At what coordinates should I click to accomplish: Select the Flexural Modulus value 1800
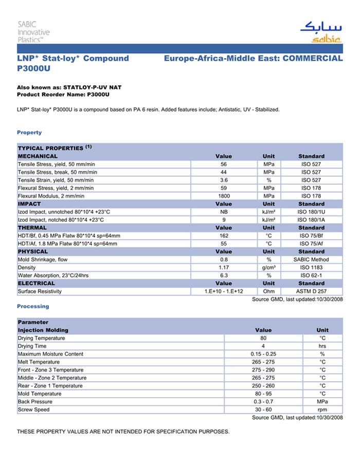coord(224,196)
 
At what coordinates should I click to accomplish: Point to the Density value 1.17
coord(224,267)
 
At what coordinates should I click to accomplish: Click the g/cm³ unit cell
coord(268,267)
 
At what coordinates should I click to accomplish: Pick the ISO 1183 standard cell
coord(311,267)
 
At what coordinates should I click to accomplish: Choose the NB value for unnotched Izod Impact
coord(224,212)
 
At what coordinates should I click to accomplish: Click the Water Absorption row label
coord(53,276)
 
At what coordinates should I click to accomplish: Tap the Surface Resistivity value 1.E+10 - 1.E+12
coord(224,292)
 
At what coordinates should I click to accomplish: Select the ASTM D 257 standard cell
coord(311,292)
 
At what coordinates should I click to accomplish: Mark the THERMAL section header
coord(32,228)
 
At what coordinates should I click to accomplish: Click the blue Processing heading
coord(33,307)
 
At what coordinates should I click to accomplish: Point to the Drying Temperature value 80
coord(263,338)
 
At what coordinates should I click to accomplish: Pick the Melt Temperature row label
coord(42,362)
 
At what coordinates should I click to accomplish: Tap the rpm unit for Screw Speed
coord(322,410)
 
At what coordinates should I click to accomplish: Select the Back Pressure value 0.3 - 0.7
coord(263,402)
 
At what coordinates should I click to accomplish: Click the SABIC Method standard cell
coord(311,260)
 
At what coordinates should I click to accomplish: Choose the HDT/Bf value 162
coord(224,236)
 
